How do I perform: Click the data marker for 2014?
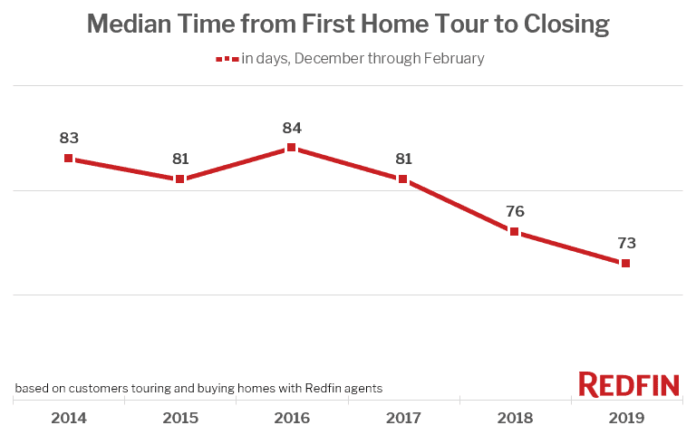click(69, 158)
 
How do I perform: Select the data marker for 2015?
click(180, 179)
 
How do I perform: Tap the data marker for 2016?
click(291, 148)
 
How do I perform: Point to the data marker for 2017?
click(402, 179)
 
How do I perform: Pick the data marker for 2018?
click(514, 231)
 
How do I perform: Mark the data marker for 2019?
click(625, 263)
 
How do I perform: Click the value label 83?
click(69, 139)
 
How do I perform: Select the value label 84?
click(291, 128)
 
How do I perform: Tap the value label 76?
click(514, 212)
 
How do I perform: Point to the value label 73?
click(625, 243)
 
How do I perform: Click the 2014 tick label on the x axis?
click(69, 418)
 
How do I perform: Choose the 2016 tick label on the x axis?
click(291, 418)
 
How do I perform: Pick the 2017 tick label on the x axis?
click(402, 418)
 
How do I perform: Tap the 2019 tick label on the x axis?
click(625, 418)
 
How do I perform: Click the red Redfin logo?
click(629, 384)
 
